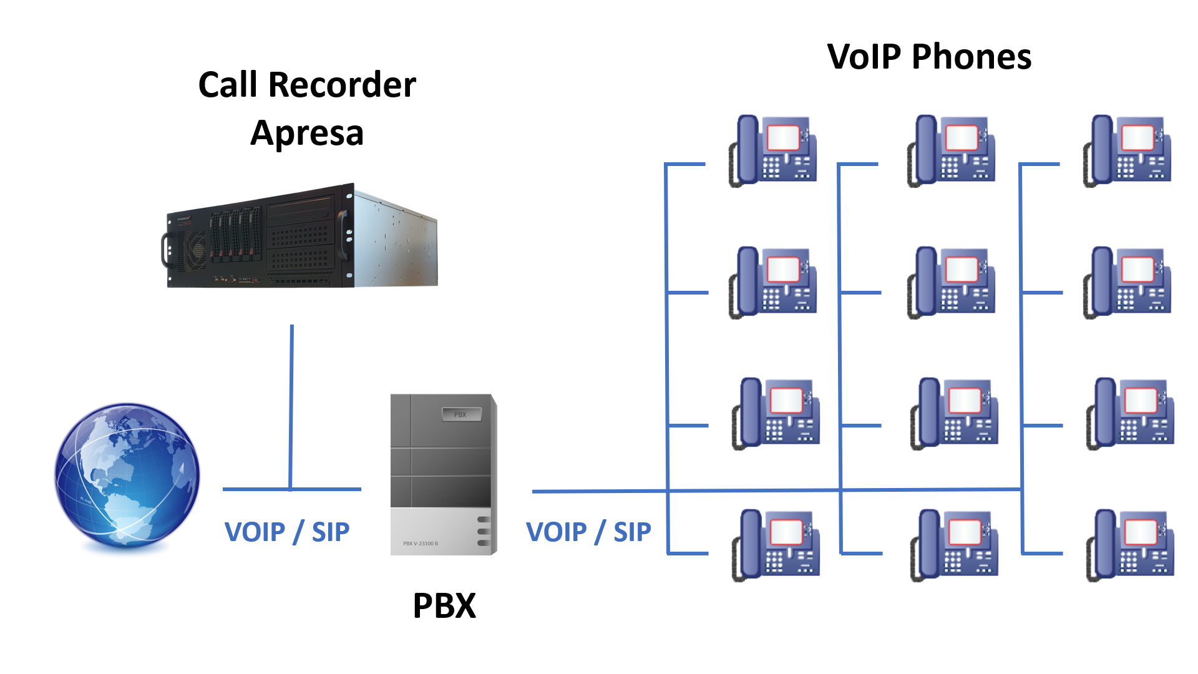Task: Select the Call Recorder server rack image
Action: tap(302, 237)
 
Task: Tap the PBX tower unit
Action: tap(443, 474)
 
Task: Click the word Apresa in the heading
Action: tap(307, 133)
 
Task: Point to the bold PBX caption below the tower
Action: tap(444, 605)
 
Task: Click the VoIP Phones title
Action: tap(929, 57)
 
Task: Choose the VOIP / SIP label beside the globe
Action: tap(286, 532)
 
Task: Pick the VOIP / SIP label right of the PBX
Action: tap(588, 532)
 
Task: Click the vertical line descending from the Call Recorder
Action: tap(291, 406)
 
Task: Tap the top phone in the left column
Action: tap(773, 150)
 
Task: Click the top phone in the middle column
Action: tap(951, 150)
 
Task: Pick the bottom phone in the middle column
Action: tap(954, 545)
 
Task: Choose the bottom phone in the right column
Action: tap(1130, 545)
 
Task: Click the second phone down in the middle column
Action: tap(951, 282)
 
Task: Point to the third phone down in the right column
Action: tap(1130, 413)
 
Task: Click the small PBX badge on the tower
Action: tap(461, 414)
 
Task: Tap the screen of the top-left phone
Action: tap(783, 137)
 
